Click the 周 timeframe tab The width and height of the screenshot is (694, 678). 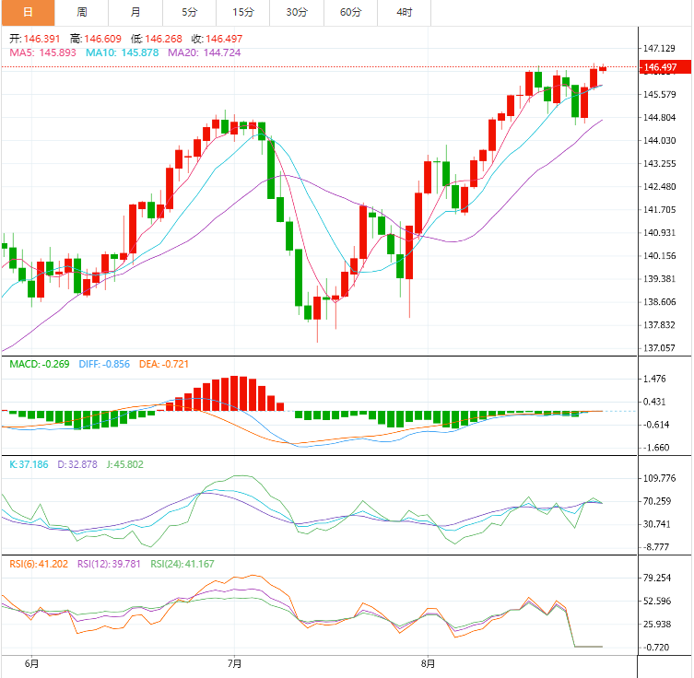[82, 12]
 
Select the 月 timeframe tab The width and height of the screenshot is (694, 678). [135, 12]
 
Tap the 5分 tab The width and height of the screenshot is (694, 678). [189, 12]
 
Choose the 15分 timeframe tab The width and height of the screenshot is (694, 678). [243, 12]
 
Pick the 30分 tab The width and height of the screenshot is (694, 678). [297, 12]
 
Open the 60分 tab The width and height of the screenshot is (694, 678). [350, 12]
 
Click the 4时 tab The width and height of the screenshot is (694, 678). [404, 12]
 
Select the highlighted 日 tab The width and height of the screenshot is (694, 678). [28, 12]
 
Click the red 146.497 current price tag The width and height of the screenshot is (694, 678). [661, 67]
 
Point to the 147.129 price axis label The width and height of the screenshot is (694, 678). [661, 48]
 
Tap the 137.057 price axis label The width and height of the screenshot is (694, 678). [661, 348]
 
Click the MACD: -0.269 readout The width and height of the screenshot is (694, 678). [40, 364]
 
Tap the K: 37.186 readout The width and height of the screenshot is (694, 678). [29, 464]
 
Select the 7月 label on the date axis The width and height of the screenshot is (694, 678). [234, 662]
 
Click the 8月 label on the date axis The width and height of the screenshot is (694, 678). [428, 662]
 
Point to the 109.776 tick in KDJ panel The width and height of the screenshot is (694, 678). [661, 478]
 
